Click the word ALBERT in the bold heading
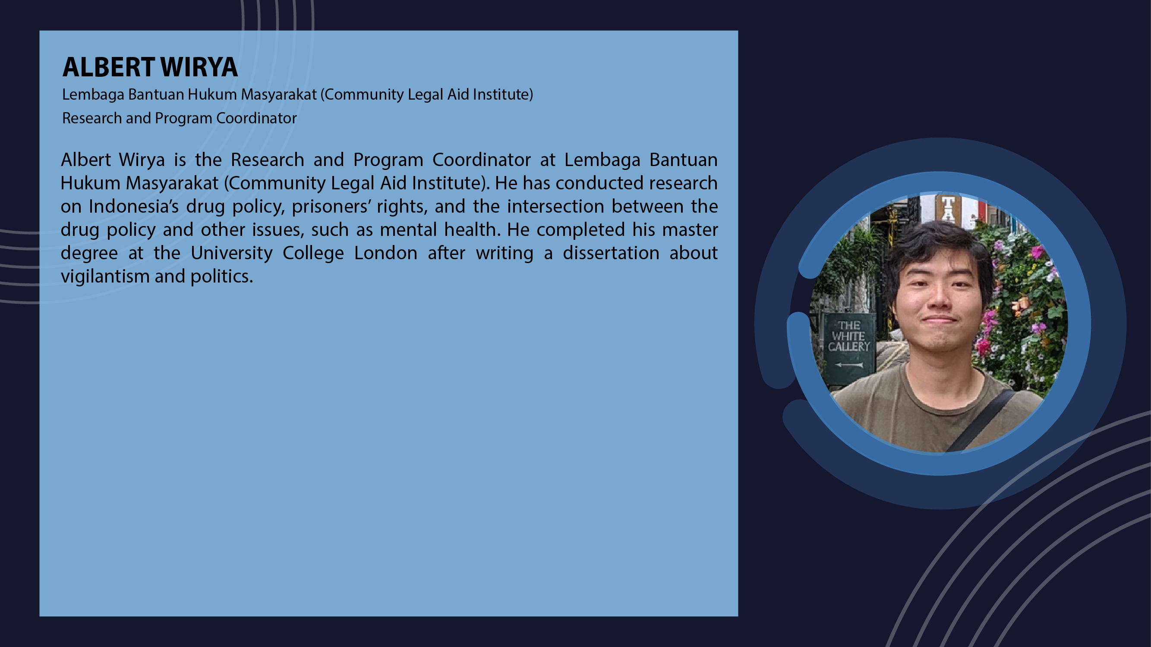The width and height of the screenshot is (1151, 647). point(109,67)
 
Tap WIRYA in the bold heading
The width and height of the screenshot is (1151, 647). point(199,67)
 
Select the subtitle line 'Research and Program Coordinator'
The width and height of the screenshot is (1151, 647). point(179,118)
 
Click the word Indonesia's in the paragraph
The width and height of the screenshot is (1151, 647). point(134,206)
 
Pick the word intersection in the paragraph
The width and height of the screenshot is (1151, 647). point(555,206)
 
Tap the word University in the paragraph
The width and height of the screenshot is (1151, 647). point(231,253)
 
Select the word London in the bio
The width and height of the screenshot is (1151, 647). point(385,253)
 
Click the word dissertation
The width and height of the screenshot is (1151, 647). point(611,253)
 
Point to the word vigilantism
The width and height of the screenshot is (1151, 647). point(105,276)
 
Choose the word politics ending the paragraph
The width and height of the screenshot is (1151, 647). point(222,276)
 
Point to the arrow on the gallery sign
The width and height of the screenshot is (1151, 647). point(849,365)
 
